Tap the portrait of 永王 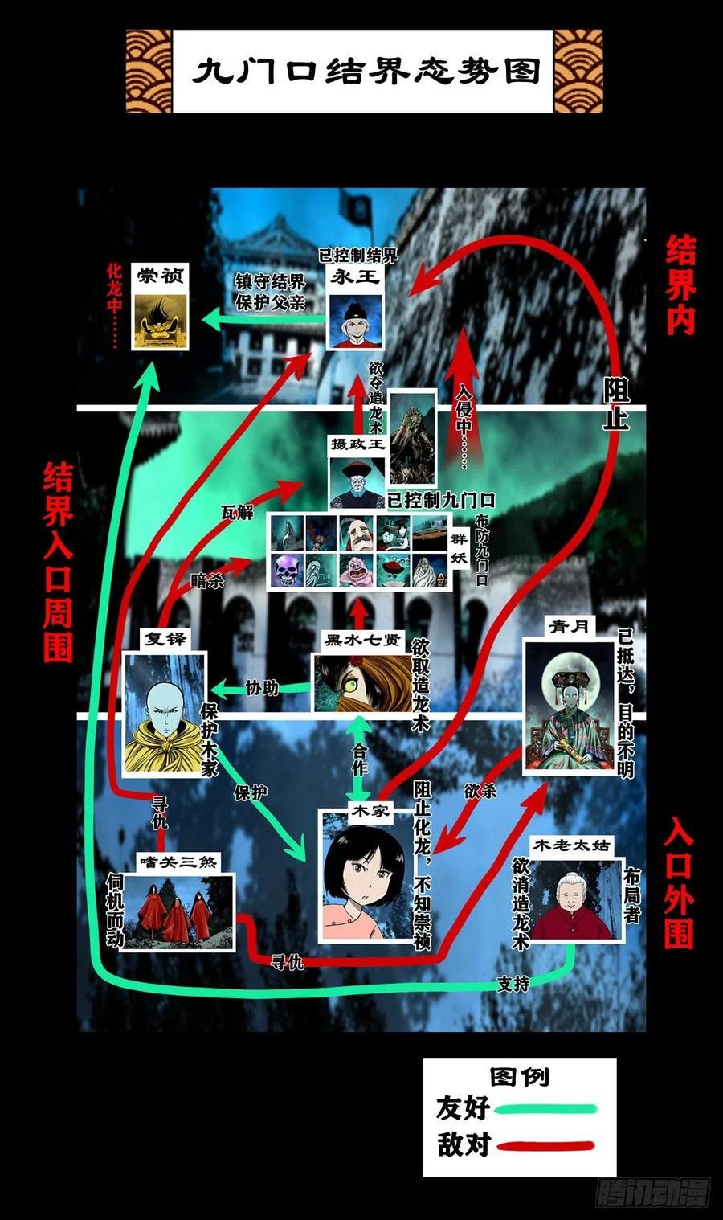click(355, 321)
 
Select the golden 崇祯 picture click(161, 321)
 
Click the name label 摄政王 click(357, 444)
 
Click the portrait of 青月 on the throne click(569, 707)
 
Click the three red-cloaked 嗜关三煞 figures click(177, 911)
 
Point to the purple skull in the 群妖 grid click(287, 571)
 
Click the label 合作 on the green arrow click(360, 759)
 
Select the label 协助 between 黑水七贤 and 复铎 click(262, 688)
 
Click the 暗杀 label click(207, 581)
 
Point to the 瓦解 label click(237, 512)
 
